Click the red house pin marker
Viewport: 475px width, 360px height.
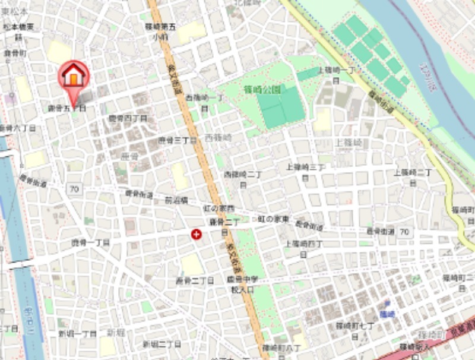73,77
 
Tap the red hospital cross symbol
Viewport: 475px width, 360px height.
196,235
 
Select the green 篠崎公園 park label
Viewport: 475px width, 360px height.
262,89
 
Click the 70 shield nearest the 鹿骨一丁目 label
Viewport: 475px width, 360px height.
74,189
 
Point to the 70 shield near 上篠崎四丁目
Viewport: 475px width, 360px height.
404,231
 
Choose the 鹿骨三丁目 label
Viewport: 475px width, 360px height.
177,141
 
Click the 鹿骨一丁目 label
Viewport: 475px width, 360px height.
91,242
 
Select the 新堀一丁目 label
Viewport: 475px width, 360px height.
77,334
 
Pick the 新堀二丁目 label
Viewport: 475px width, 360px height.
161,344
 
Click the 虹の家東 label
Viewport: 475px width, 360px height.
273,219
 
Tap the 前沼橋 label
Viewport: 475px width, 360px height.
176,201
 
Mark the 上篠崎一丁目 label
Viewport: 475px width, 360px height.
336,74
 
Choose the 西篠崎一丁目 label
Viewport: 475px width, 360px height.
204,101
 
